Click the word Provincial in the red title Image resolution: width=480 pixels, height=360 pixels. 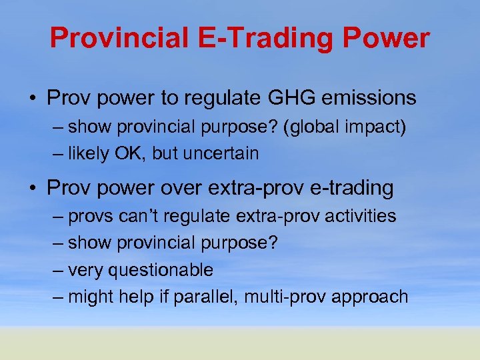pyautogui.click(x=117, y=39)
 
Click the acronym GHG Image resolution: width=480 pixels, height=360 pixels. pyautogui.click(x=297, y=98)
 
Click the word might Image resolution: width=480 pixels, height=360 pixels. pyautogui.click(x=91, y=297)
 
